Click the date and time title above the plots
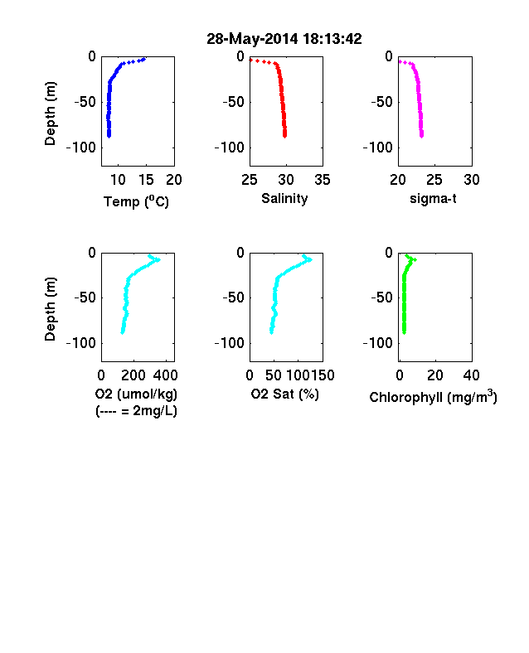(284, 39)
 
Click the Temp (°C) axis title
(136, 201)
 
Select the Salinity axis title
(284, 199)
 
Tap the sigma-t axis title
(433, 199)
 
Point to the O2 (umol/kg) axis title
(136, 394)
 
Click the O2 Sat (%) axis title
(284, 394)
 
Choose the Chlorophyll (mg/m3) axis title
(433, 396)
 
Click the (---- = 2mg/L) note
(136, 411)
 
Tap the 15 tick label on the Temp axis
(146, 180)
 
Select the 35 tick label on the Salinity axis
(323, 180)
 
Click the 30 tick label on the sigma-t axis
(472, 180)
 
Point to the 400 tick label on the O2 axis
(165, 375)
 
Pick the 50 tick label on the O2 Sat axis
(274, 375)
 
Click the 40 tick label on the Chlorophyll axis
(472, 375)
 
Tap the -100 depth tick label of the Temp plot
(81, 148)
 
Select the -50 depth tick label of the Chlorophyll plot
(382, 297)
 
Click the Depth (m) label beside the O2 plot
(50, 309)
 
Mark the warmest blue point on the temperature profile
(144, 59)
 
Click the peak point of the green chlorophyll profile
(415, 260)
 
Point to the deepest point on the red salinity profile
(285, 136)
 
